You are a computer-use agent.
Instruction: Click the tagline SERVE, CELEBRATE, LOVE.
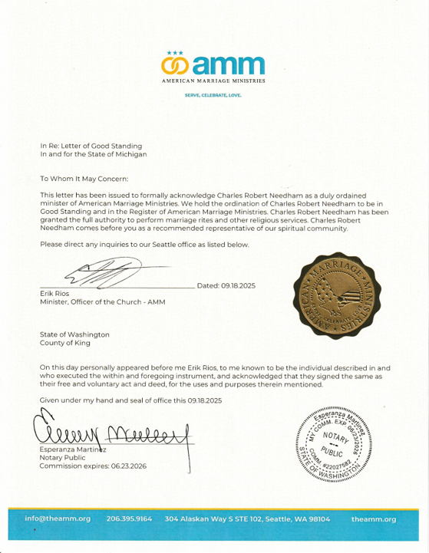(x=213, y=95)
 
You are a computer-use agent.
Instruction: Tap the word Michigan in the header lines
(x=131, y=153)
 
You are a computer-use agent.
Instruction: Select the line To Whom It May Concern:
(x=84, y=178)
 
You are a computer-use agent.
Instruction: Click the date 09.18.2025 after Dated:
(x=239, y=286)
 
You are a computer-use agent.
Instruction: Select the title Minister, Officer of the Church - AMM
(x=102, y=302)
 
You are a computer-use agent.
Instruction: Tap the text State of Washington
(x=74, y=334)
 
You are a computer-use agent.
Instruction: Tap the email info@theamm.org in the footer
(x=58, y=519)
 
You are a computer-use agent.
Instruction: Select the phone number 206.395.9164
(x=129, y=519)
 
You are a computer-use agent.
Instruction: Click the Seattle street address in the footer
(x=247, y=519)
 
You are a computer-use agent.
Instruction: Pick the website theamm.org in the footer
(x=374, y=519)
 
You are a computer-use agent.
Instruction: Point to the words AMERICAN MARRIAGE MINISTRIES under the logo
(x=213, y=80)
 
